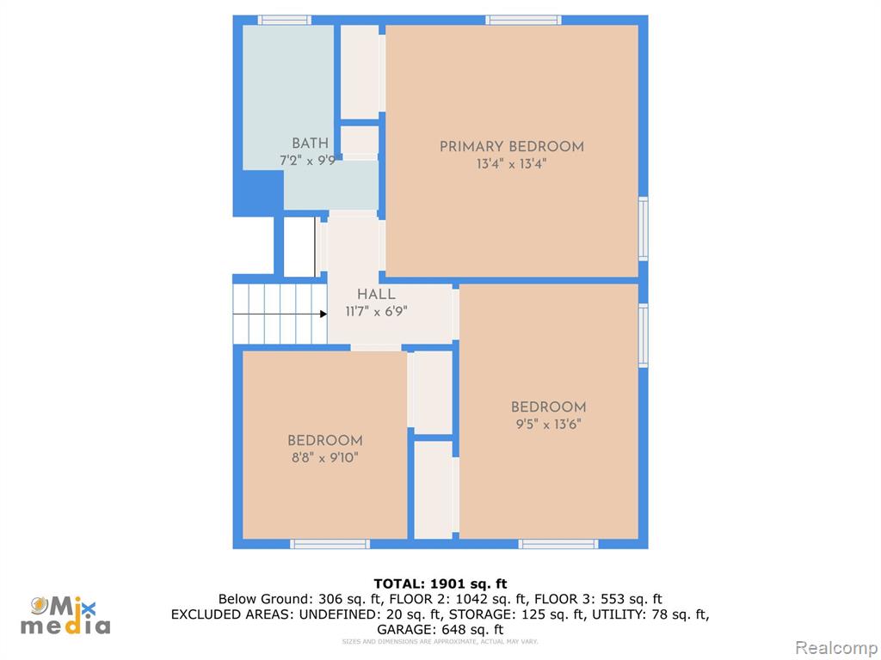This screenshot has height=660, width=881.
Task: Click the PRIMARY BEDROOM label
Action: click(x=511, y=146)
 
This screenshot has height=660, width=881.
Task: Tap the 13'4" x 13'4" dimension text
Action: click(x=511, y=164)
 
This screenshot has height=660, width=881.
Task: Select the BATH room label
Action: click(x=310, y=144)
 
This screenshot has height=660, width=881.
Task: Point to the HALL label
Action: click(x=376, y=294)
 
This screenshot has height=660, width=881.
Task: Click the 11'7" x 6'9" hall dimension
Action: click(x=376, y=311)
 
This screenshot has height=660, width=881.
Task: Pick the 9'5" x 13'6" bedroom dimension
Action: click(x=548, y=424)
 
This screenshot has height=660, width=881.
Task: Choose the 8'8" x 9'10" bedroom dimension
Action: click(x=324, y=457)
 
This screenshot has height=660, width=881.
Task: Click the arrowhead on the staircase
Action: click(x=323, y=314)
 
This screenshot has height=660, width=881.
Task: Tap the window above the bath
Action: click(x=284, y=21)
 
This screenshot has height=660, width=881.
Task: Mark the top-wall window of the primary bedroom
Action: click(x=523, y=21)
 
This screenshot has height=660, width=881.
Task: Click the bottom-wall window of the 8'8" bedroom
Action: click(x=330, y=544)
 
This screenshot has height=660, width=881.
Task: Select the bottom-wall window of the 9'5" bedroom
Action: click(x=558, y=544)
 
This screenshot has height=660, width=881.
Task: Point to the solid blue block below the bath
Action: click(x=258, y=193)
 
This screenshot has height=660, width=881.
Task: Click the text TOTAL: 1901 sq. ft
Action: click(x=440, y=584)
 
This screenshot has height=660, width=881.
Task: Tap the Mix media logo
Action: click(x=65, y=615)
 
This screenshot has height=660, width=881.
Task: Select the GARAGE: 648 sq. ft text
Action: click(x=440, y=630)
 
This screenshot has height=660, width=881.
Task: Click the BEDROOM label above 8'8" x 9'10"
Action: click(x=324, y=441)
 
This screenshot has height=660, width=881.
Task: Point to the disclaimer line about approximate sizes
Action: click(x=440, y=641)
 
